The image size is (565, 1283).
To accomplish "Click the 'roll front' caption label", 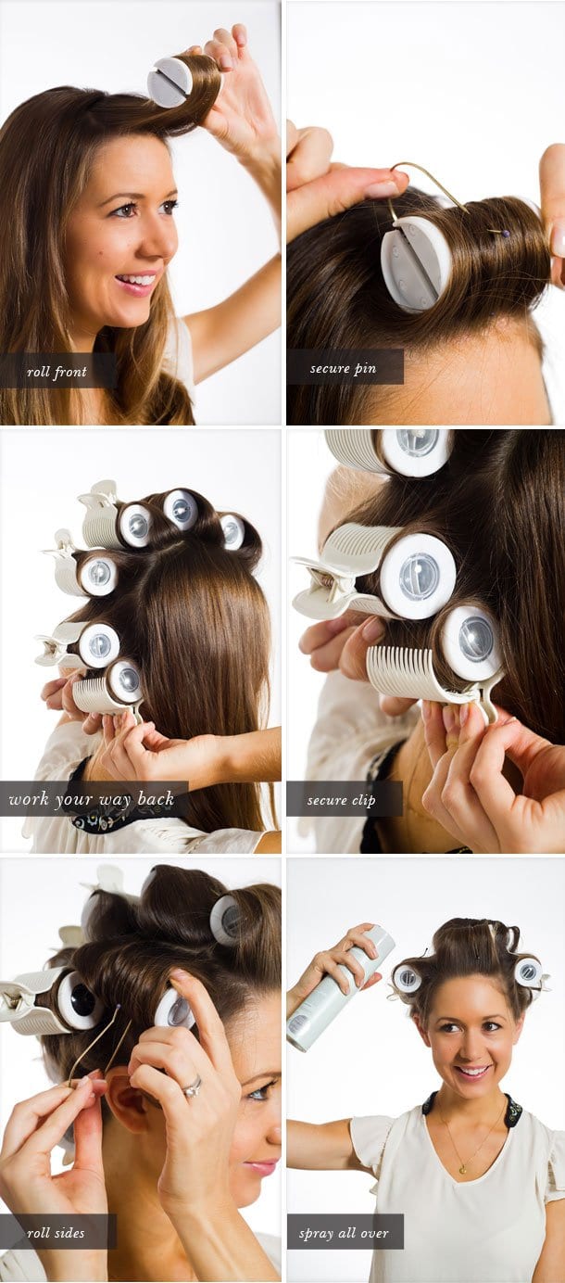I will (57, 372).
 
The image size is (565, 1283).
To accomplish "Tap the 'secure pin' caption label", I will (344, 368).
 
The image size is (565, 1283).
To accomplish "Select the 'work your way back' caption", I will (93, 799).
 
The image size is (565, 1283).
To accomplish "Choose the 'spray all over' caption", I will (344, 1232).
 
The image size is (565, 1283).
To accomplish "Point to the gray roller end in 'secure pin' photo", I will (416, 262).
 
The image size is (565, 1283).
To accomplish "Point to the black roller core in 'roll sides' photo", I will (76, 1000).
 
